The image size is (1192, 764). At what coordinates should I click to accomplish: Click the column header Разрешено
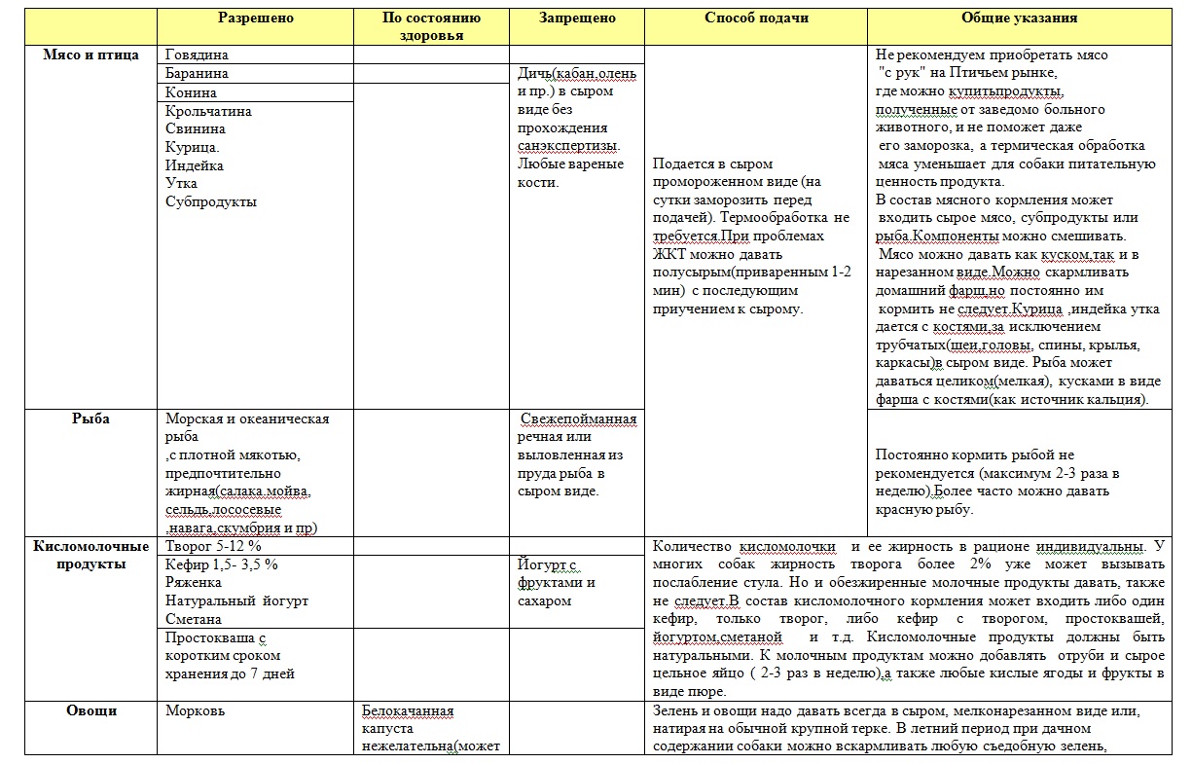point(255,18)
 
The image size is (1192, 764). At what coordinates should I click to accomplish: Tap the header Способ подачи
point(756,18)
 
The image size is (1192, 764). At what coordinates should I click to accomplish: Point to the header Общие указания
point(1019,18)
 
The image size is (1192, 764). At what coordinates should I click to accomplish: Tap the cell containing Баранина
point(197,74)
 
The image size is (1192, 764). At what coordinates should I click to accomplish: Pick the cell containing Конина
point(191,92)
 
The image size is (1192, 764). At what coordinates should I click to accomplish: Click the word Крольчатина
point(208,111)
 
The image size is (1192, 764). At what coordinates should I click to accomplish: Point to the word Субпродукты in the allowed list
point(211,202)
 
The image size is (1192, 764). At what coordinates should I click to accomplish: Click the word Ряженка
point(194,582)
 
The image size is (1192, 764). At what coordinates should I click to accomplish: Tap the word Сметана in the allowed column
point(194,619)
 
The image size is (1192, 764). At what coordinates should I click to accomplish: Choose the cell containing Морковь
point(196,710)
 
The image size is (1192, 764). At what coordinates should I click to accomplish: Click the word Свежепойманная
point(578,419)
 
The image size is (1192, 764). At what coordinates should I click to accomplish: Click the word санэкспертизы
point(566,146)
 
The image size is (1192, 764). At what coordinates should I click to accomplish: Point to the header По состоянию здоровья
point(431,26)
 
